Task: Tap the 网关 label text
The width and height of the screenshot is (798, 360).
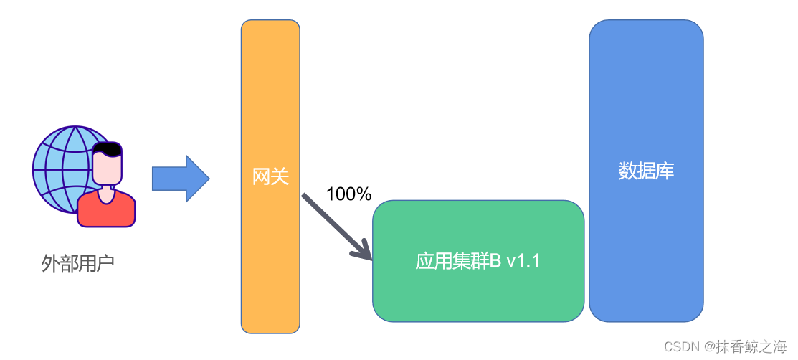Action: pyautogui.click(x=270, y=176)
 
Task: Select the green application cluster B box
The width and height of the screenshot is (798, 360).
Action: pyautogui.click(x=478, y=294)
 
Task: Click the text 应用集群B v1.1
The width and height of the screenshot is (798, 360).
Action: pyautogui.click(x=478, y=261)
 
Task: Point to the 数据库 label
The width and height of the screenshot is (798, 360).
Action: pyautogui.click(x=646, y=171)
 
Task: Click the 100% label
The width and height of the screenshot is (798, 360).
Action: pyautogui.click(x=348, y=194)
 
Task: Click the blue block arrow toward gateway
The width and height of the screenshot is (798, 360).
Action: pyautogui.click(x=176, y=179)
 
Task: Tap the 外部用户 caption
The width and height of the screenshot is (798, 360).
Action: pyautogui.click(x=78, y=264)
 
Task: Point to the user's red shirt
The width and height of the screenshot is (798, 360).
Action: pyautogui.click(x=106, y=211)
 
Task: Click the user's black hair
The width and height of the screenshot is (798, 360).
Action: pyautogui.click(x=108, y=149)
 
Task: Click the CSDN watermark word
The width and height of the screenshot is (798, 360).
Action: pyautogui.click(x=681, y=347)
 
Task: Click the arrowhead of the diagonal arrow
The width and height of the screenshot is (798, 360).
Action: pyautogui.click(x=366, y=252)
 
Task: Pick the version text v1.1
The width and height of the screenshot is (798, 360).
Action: pyautogui.click(x=523, y=261)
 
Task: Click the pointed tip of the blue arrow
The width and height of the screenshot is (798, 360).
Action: pyautogui.click(x=208, y=179)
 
